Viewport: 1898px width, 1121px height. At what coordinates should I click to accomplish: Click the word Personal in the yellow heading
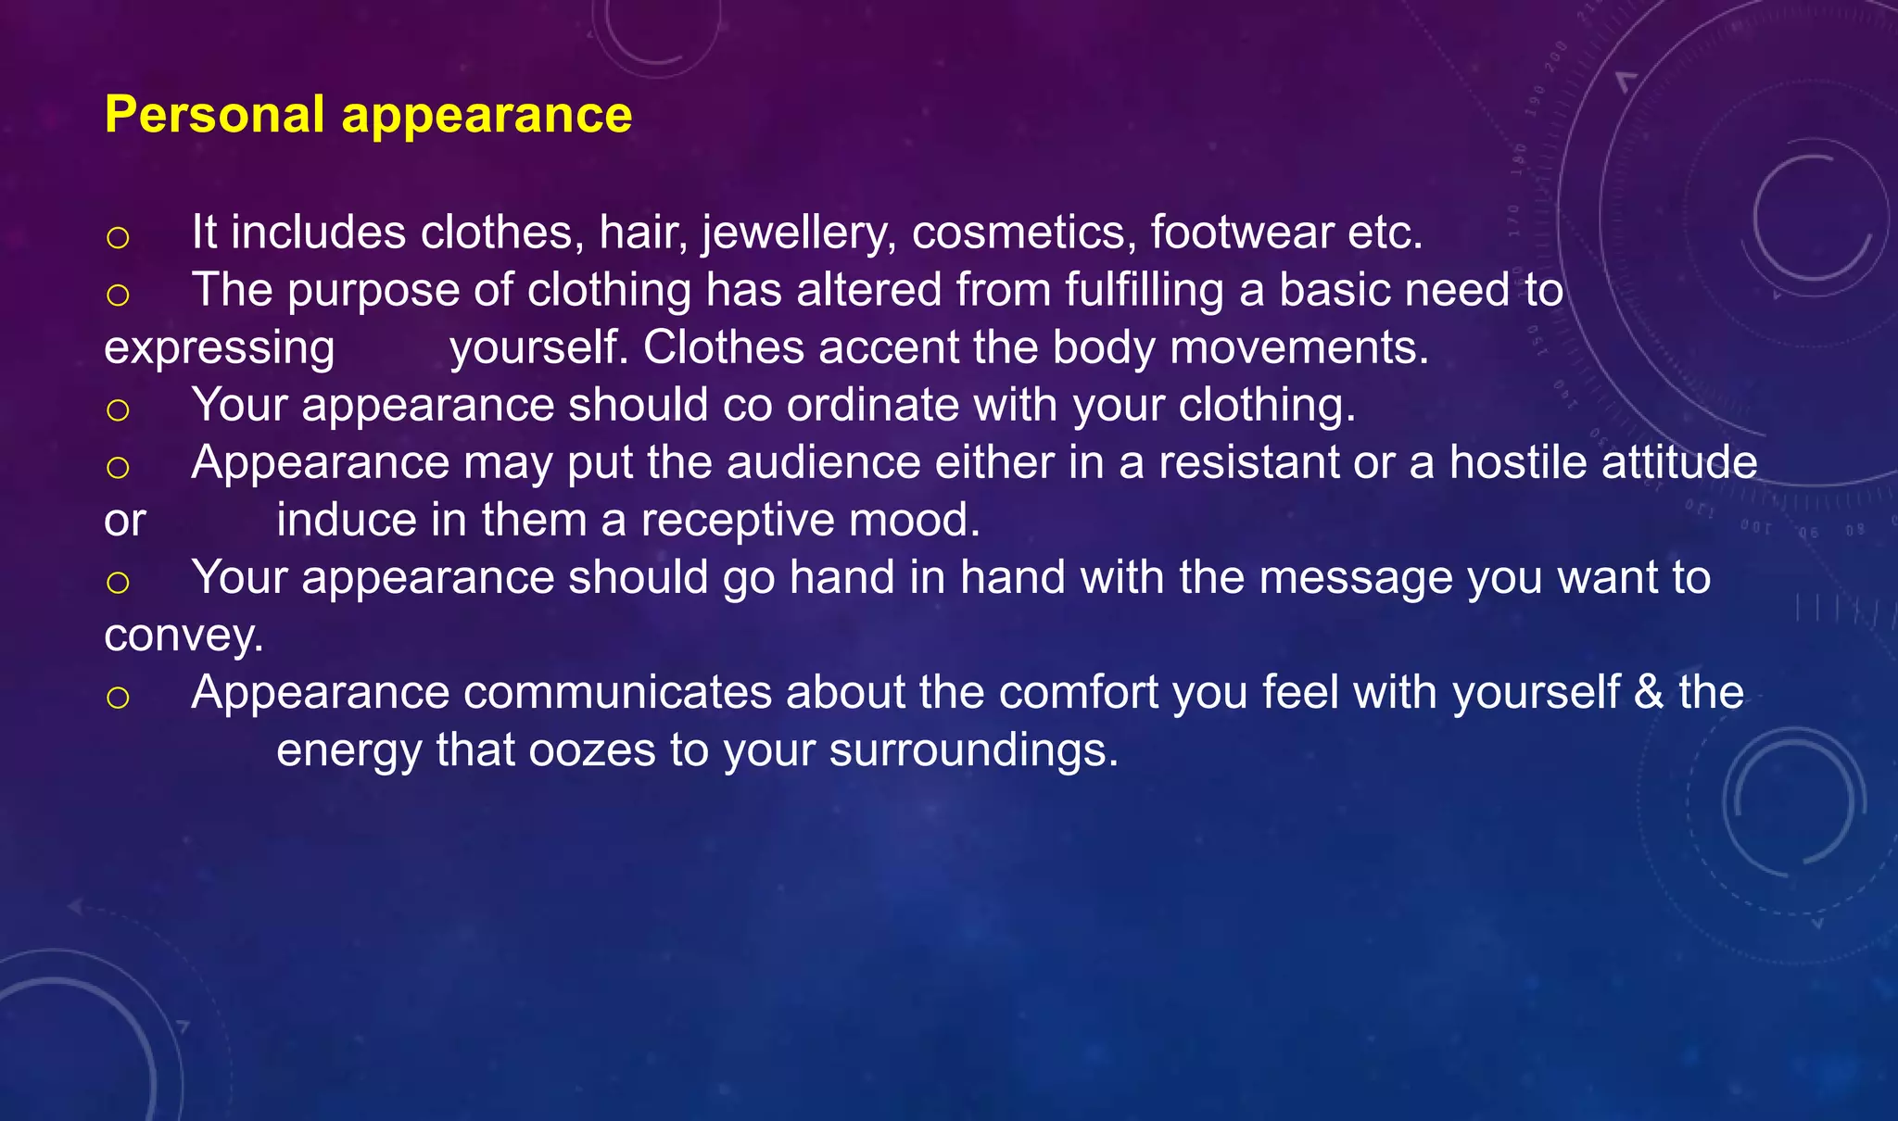click(x=214, y=115)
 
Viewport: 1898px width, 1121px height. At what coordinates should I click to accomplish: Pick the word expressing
click(x=220, y=349)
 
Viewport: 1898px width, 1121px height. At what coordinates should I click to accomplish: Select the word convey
click(x=183, y=636)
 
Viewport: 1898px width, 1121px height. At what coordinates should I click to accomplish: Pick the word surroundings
click(x=973, y=751)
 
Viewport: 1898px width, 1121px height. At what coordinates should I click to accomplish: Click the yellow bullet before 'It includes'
click(x=118, y=237)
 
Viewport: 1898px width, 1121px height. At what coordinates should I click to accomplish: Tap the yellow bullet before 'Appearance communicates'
click(x=118, y=697)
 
